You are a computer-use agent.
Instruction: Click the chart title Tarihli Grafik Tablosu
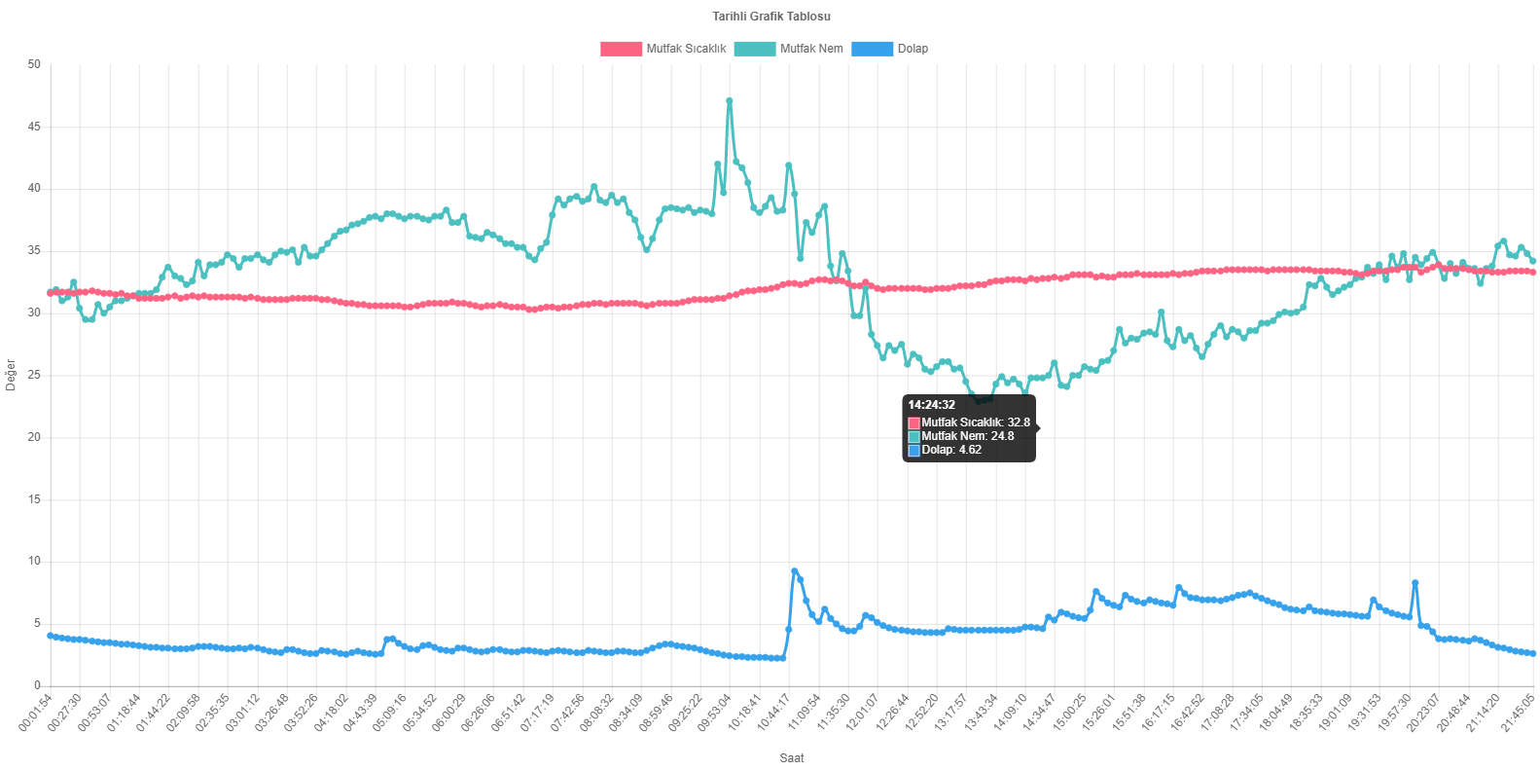pos(770,16)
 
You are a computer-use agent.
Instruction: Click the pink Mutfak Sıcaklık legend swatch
pos(621,49)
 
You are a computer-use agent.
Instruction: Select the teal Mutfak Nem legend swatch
pos(754,49)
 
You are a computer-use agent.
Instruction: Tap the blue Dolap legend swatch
pos(872,49)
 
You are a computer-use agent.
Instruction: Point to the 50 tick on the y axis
pos(35,64)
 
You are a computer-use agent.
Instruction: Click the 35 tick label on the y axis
pos(35,250)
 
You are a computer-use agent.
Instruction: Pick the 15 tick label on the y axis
pos(35,499)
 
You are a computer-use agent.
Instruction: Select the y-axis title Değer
pos(11,375)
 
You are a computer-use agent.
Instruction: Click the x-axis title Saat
pos(792,757)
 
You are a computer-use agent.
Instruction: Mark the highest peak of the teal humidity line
pos(730,100)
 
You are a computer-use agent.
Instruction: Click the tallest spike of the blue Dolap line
pos(794,571)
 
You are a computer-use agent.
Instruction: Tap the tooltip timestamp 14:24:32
pos(931,405)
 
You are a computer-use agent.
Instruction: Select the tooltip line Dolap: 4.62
pos(950,450)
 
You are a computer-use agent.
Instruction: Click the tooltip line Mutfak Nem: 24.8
pos(967,436)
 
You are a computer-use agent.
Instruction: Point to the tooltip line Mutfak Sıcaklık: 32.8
pos(975,422)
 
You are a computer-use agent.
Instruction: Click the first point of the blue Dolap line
pos(50,636)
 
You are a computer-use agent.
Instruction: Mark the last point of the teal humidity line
pos(1533,261)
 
